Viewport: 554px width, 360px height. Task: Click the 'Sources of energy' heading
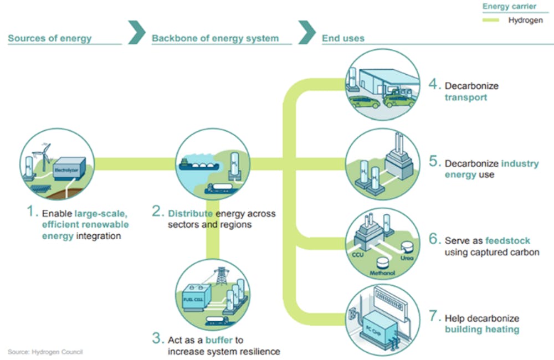point(49,39)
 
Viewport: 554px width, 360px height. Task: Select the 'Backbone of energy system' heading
point(215,39)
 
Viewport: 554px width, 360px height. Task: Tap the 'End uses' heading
point(343,39)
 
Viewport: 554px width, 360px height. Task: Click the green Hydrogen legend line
point(492,20)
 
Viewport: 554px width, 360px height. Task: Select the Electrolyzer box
point(69,166)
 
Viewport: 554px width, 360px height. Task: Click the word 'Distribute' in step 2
point(190,213)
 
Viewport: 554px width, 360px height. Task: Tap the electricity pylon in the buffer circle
point(222,276)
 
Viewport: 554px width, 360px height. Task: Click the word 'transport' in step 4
point(465,97)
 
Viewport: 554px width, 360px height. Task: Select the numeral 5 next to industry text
point(434,164)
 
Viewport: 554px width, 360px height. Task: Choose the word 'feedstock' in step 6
point(507,241)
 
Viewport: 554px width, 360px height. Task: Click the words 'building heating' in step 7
point(482,330)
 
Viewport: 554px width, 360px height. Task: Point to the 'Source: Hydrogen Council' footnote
point(45,352)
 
